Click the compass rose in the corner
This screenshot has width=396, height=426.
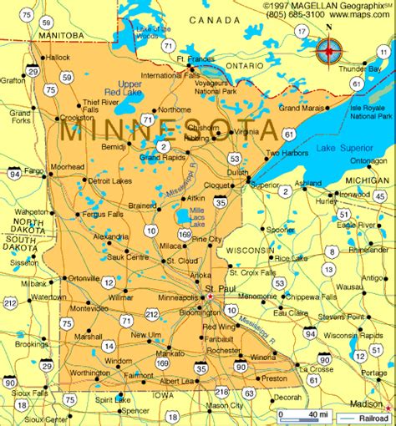tap(329, 52)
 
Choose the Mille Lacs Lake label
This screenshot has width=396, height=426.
tap(196, 219)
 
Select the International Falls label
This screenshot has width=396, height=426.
tap(170, 75)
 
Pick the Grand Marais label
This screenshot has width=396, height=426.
tap(301, 108)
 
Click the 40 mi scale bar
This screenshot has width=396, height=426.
tap(306, 414)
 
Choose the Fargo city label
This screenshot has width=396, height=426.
tap(34, 170)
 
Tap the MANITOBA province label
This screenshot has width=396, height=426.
tap(61, 36)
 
